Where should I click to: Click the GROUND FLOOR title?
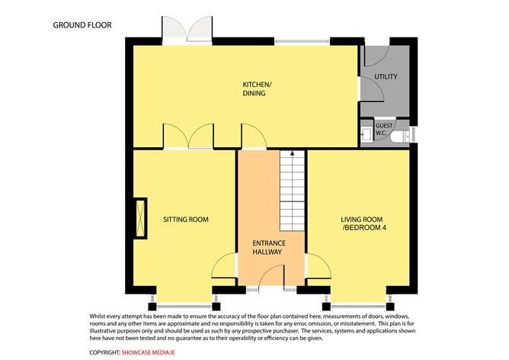82,25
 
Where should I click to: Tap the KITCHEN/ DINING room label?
254,89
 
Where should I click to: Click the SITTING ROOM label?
185,220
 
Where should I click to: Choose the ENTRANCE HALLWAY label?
267,247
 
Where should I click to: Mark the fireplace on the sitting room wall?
141,220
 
